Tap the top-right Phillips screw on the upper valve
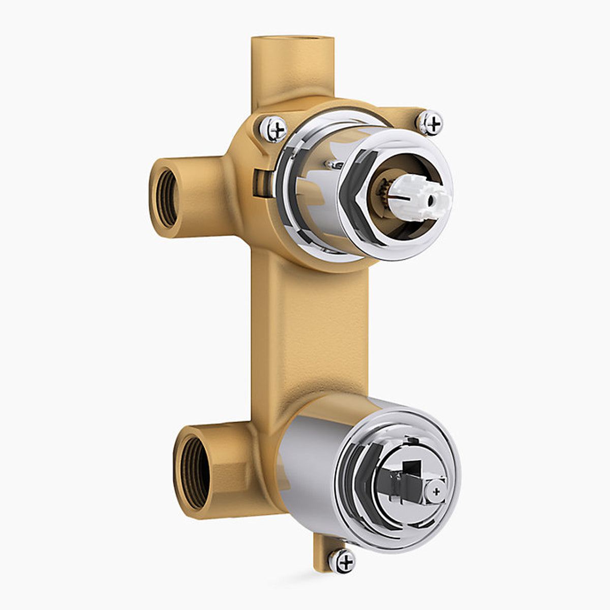pos(430,123)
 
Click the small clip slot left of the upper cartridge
pos(260,183)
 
